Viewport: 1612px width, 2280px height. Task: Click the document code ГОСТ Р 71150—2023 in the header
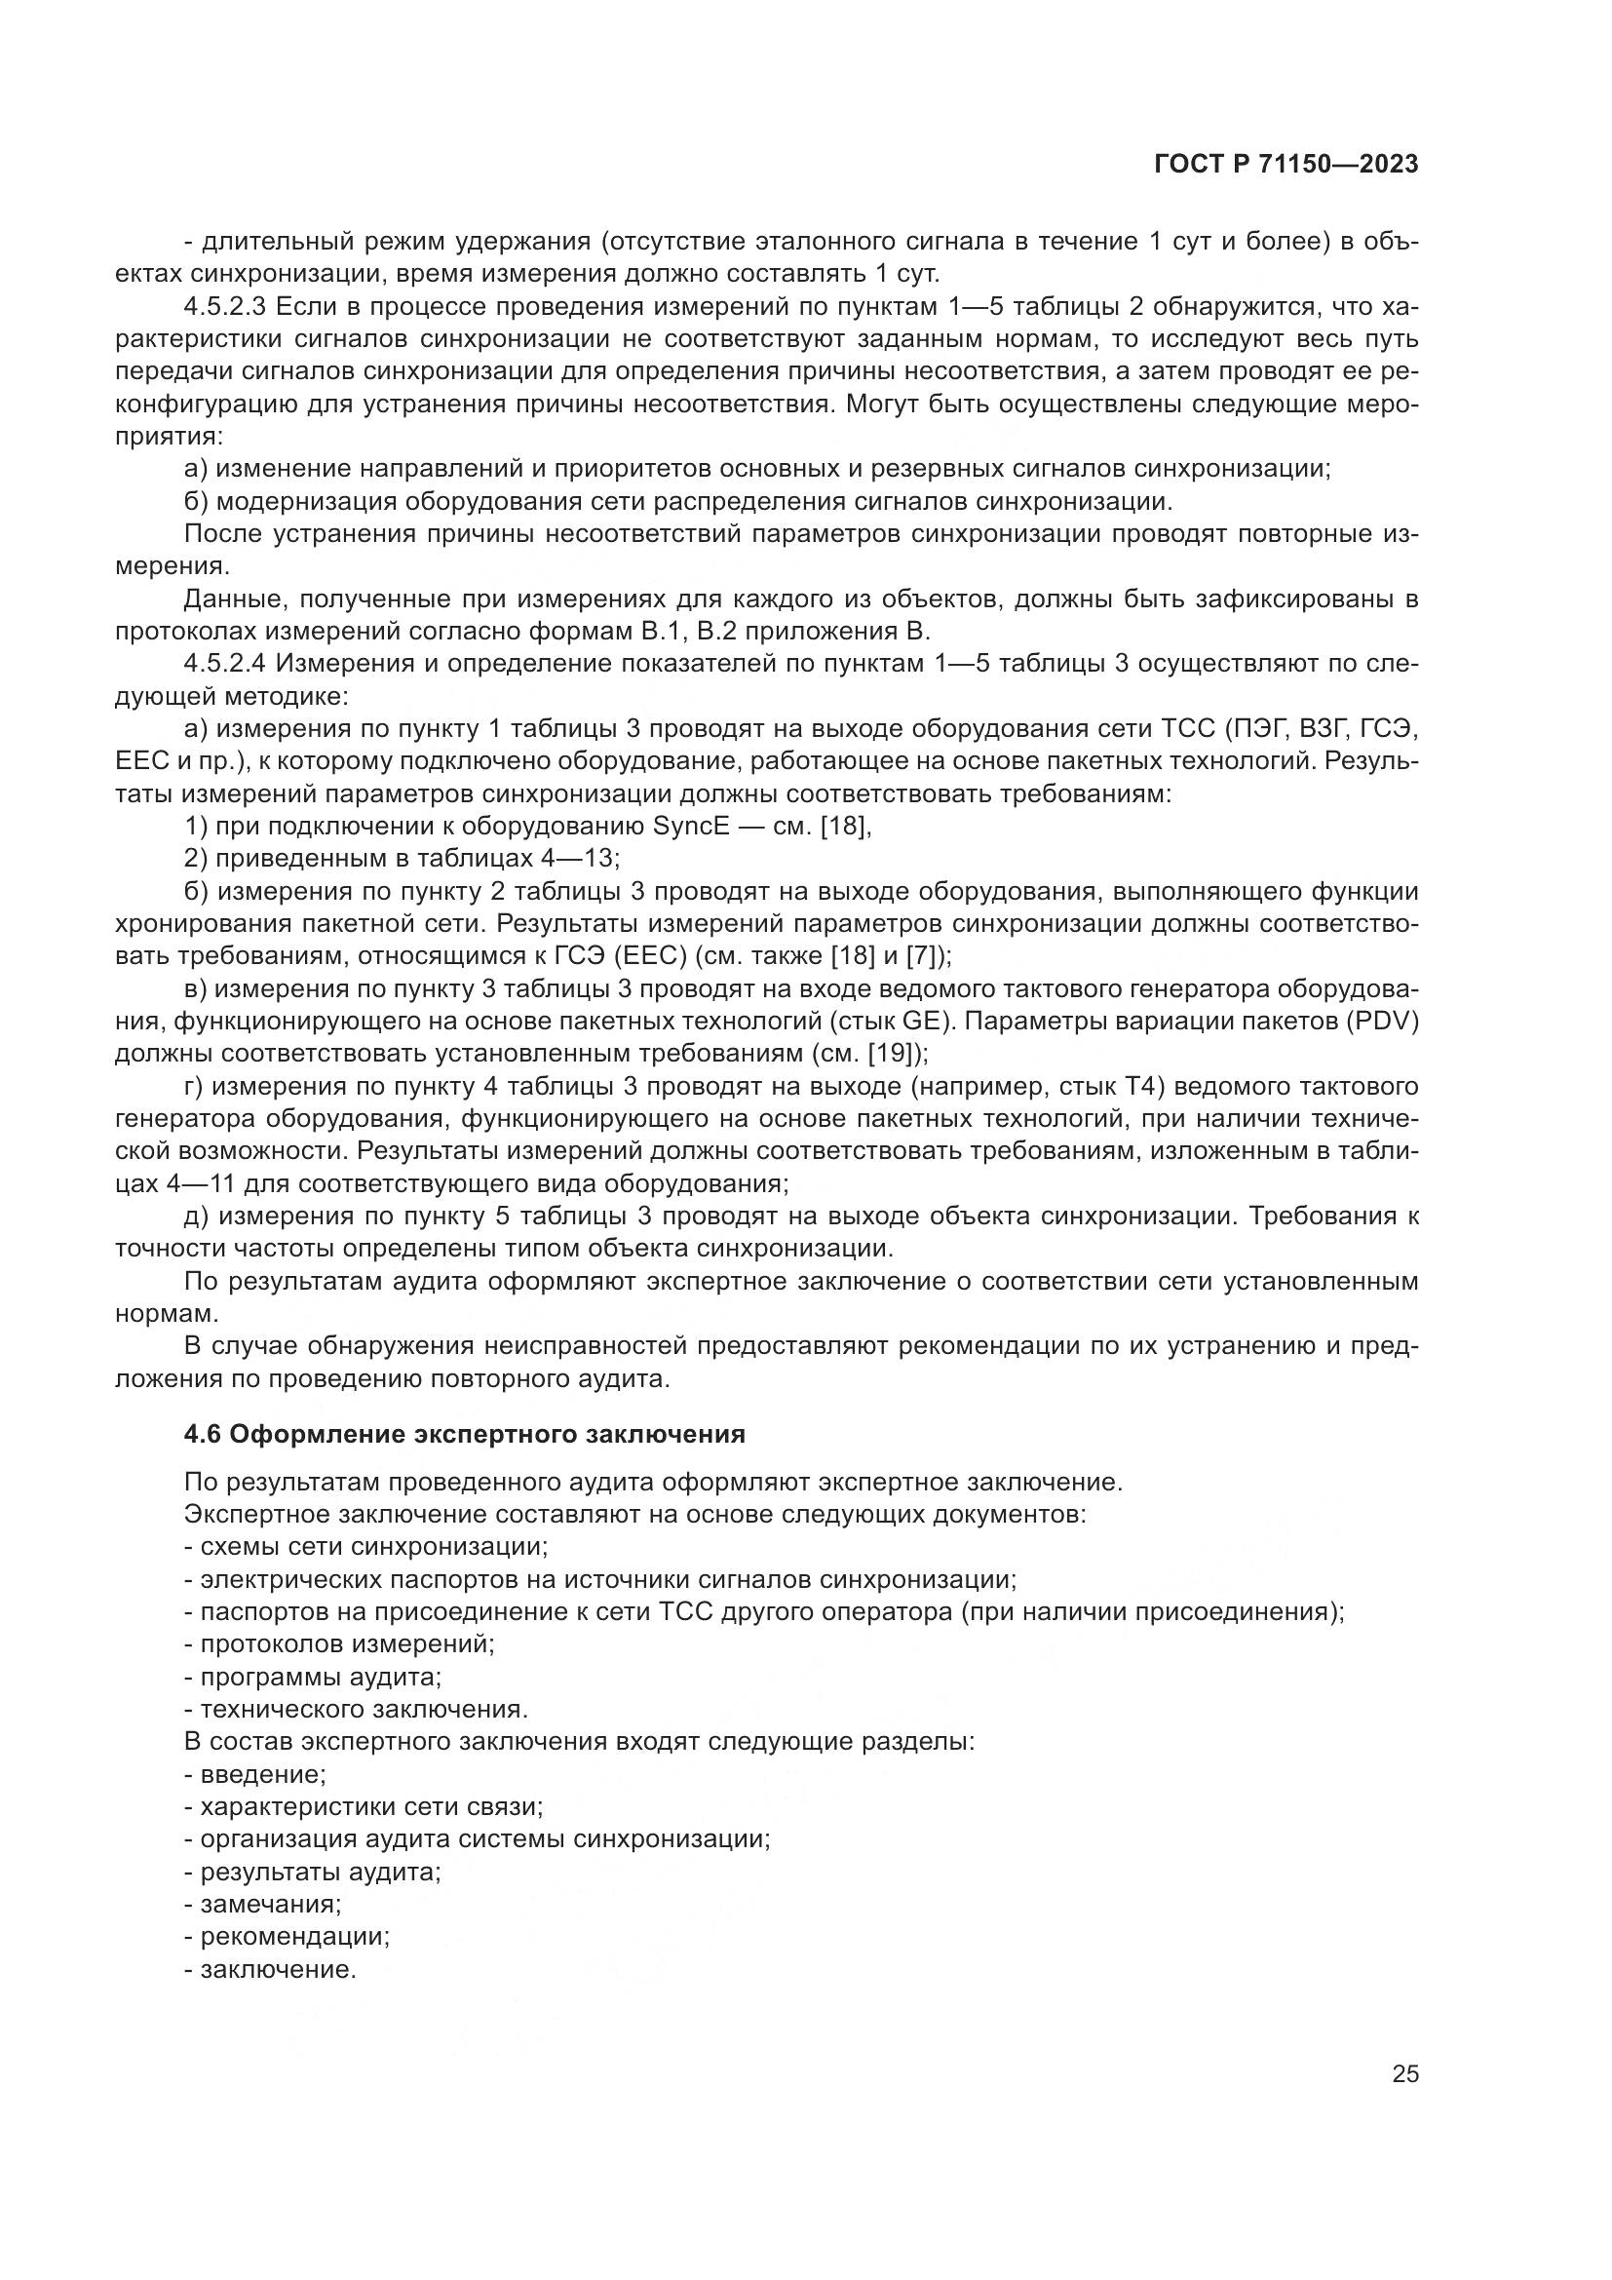coord(1286,166)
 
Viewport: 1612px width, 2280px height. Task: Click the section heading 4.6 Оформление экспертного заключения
coord(465,1435)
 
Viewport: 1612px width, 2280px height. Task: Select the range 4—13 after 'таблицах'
coord(584,859)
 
